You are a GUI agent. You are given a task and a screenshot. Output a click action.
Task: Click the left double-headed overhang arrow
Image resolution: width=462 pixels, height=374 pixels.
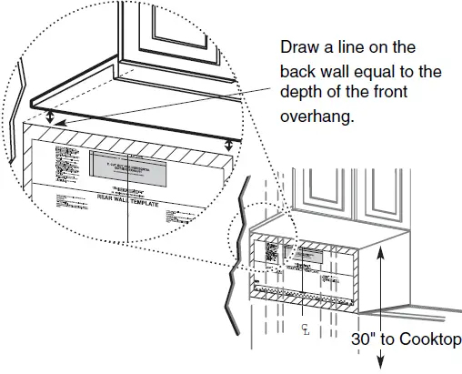pyautogui.click(x=50, y=118)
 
